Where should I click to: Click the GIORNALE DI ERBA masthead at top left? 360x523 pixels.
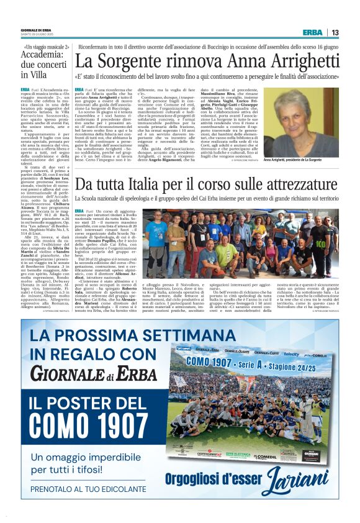(37, 30)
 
